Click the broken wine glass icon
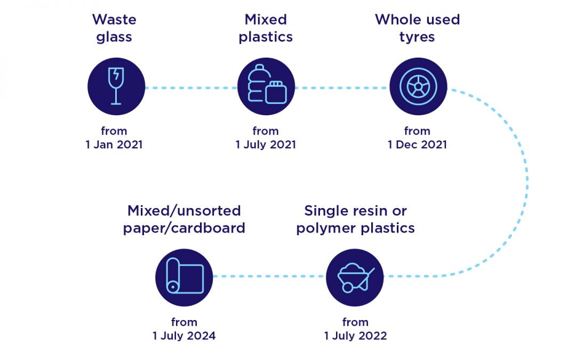coord(116,86)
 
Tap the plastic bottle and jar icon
coord(266,86)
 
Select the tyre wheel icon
coord(418,86)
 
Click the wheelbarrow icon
coord(355,277)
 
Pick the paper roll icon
coord(184,277)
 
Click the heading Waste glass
coord(114,28)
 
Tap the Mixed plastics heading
coord(266,28)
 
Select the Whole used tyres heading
coord(417,28)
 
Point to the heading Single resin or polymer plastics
coord(356,220)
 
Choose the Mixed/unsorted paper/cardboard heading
coord(184,220)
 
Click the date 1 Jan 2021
coord(114,145)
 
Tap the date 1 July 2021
coord(266,145)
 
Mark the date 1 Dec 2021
coord(417,145)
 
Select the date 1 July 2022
coord(355,336)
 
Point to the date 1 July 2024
coord(184,336)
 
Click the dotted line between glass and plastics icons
coord(191,88)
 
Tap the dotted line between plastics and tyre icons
coord(342,88)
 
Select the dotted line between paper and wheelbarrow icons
coord(270,276)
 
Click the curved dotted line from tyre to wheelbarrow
coord(527,180)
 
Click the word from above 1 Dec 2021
coord(417,131)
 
